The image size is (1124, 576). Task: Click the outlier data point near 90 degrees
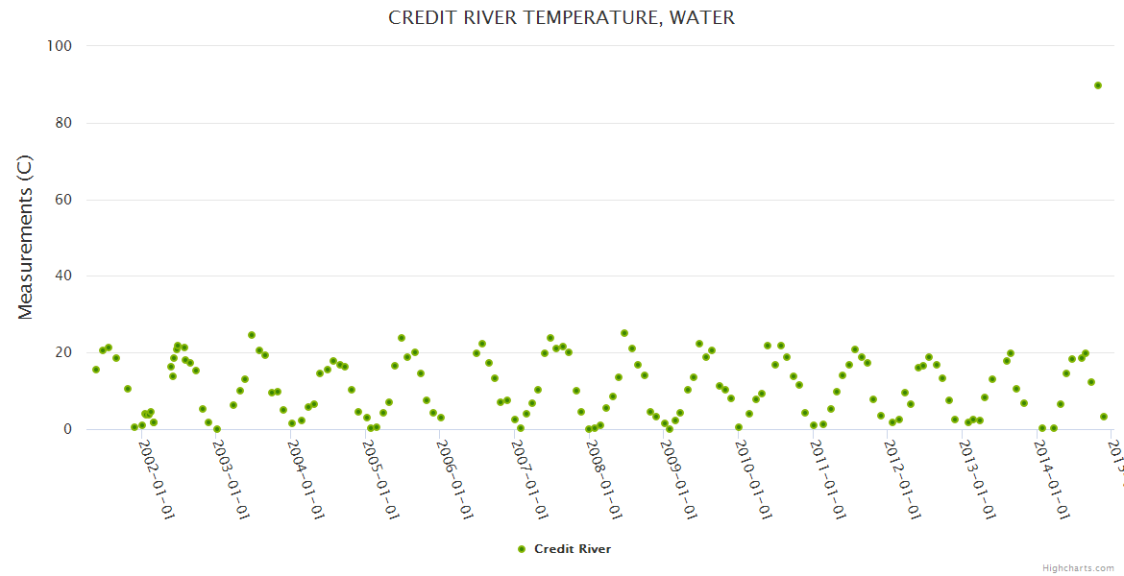pyautogui.click(x=1097, y=85)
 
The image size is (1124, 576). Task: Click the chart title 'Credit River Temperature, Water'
pyautogui.click(x=562, y=18)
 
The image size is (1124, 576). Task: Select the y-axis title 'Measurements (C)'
pyautogui.click(x=26, y=237)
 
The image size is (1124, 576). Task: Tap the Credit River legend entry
pyautogui.click(x=572, y=549)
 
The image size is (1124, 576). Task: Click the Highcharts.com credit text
pyautogui.click(x=1078, y=568)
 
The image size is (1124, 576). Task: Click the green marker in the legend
pyautogui.click(x=522, y=549)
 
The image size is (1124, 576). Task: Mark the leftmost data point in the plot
pyautogui.click(x=95, y=370)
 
